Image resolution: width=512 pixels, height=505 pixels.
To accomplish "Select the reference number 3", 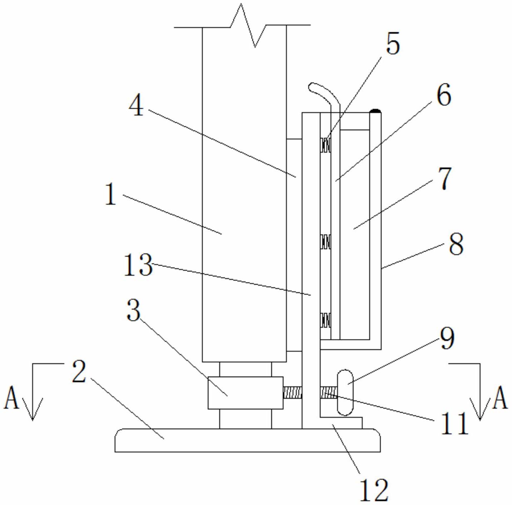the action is point(133,310).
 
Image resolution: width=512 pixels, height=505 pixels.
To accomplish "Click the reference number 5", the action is point(393,43).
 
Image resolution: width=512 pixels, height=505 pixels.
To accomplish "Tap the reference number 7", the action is point(444,178).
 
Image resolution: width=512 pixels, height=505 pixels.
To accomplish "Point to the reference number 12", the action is point(374,490).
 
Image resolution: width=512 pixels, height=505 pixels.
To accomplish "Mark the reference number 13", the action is point(138,265).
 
